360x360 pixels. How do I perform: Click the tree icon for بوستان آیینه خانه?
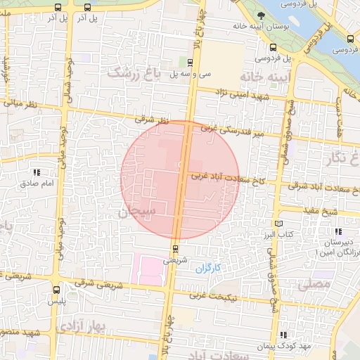coord(261,13)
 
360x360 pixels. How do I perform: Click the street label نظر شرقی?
coord(154,122)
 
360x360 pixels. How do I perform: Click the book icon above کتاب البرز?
coord(279,224)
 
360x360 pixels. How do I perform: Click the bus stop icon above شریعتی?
coord(175,248)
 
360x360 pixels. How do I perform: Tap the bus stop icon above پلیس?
coord(56,289)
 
